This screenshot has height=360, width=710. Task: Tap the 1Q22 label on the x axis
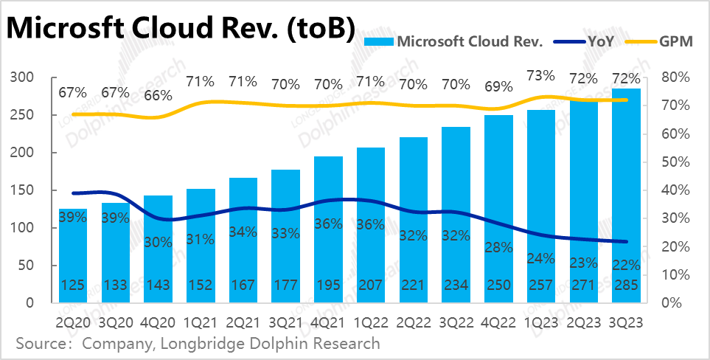pos(371,322)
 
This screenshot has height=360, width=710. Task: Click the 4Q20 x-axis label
pos(158,322)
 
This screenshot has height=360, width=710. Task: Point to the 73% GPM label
pos(541,76)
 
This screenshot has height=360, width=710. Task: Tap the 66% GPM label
pos(158,96)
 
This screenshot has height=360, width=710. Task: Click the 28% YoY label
pos(498,247)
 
